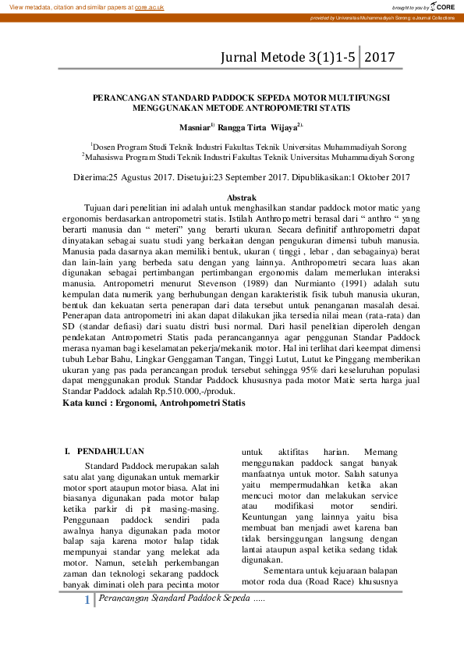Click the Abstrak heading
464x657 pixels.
tap(240, 198)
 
